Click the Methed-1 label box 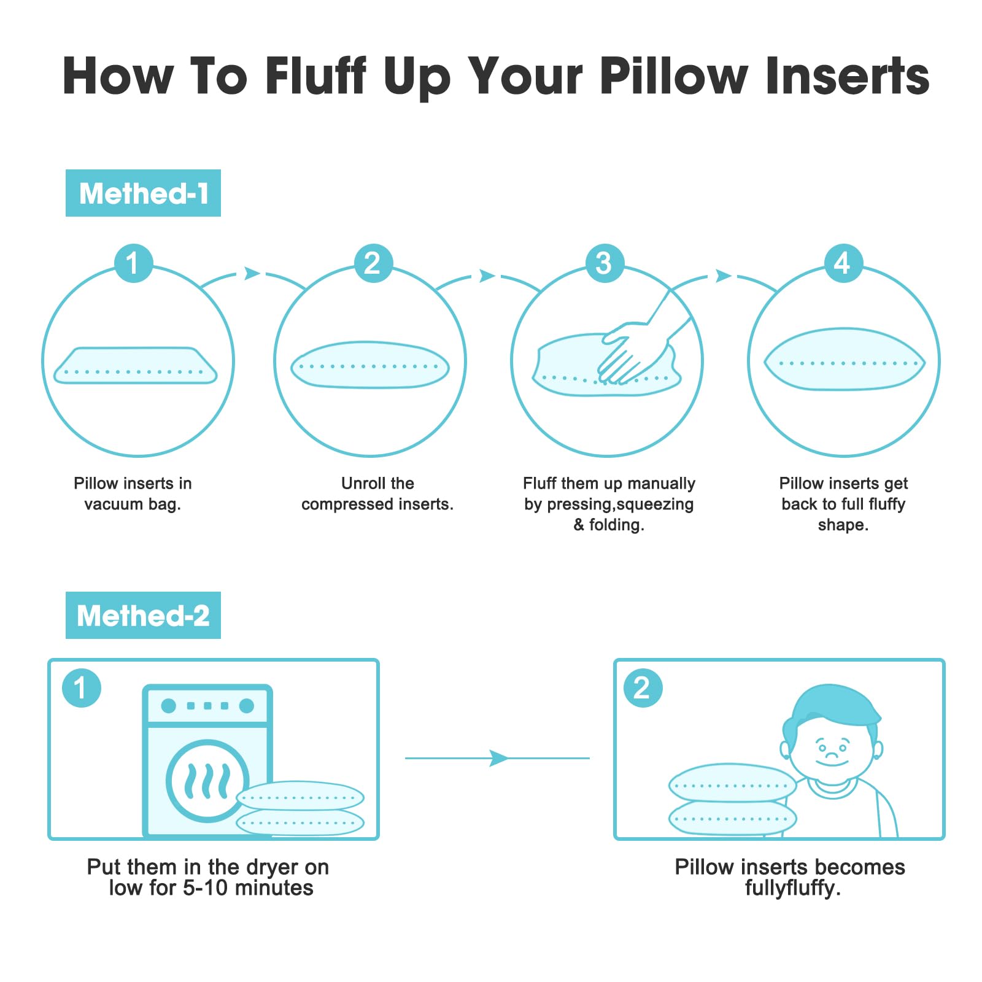point(143,193)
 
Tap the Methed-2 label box point(143,615)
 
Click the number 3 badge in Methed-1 point(605,263)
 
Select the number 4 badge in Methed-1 point(843,263)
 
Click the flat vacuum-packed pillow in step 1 point(136,365)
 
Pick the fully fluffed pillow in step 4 point(844,360)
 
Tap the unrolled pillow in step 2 point(369,365)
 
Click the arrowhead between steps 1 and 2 point(252,273)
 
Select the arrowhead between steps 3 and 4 point(724,276)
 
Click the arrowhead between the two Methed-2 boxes point(499,758)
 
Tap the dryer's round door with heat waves point(207,781)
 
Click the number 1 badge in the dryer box point(81,687)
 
